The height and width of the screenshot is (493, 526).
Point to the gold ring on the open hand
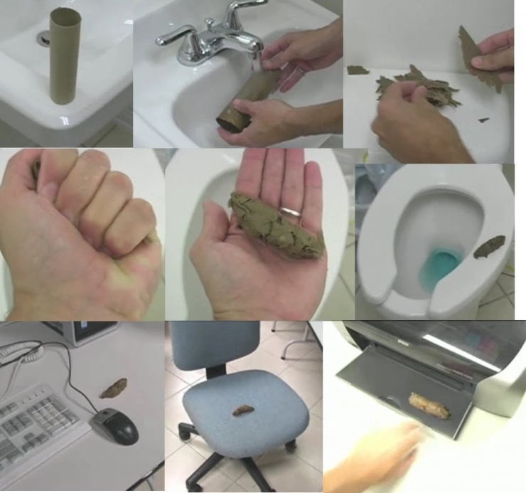click(x=289, y=212)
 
